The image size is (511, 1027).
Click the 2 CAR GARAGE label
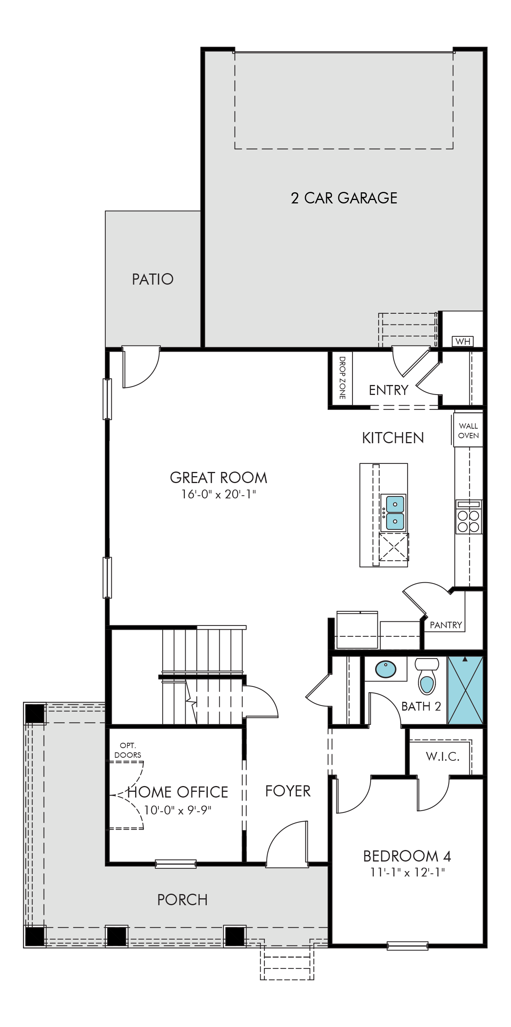[x=344, y=198]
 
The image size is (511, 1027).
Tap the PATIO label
[x=153, y=279]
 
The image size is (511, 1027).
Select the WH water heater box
[x=462, y=341]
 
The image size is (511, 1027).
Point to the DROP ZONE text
[x=342, y=378]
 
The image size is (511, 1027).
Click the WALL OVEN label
[x=469, y=431]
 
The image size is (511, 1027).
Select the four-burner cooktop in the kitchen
[x=469, y=517]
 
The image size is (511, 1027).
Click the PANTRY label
[x=446, y=625]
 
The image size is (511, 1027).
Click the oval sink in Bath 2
[x=386, y=669]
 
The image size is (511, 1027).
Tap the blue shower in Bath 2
[x=465, y=690]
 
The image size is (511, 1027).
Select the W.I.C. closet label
[x=442, y=756]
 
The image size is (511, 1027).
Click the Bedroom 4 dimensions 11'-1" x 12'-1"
[x=407, y=873]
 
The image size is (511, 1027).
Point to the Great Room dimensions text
[x=218, y=495]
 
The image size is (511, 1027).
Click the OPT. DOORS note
[x=128, y=750]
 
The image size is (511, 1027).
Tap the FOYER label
[x=288, y=791]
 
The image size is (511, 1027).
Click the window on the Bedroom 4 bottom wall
[x=407, y=945]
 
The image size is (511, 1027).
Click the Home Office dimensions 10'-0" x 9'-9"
[x=177, y=811]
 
